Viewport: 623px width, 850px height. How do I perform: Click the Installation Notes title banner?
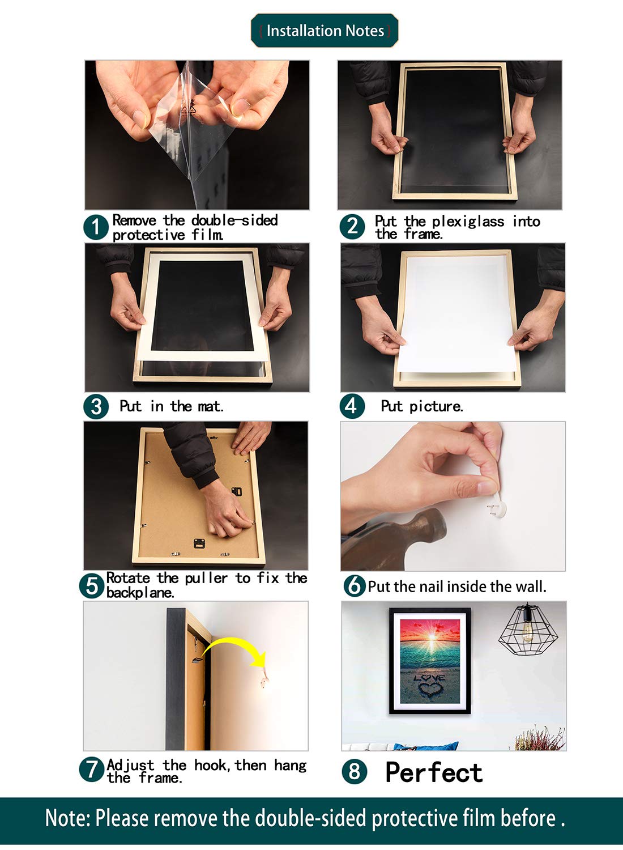pyautogui.click(x=325, y=31)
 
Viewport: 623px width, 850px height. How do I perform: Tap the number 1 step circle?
pyautogui.click(x=96, y=227)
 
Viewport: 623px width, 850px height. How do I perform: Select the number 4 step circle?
pyautogui.click(x=352, y=406)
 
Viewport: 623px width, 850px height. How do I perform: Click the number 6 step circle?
pyautogui.click(x=355, y=585)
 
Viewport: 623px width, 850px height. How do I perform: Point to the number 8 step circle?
pyautogui.click(x=354, y=772)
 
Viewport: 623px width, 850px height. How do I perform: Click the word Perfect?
pyautogui.click(x=434, y=772)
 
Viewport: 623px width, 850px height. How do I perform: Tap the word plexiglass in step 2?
pyautogui.click(x=468, y=222)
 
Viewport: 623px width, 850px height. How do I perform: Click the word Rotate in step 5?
pyautogui.click(x=128, y=578)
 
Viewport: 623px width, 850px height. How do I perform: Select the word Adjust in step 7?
pyautogui.click(x=130, y=766)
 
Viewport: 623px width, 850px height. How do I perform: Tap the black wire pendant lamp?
pyautogui.click(x=528, y=629)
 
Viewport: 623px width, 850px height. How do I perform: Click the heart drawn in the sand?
pyautogui.click(x=430, y=688)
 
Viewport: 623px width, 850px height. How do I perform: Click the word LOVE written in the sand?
pyautogui.click(x=429, y=677)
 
